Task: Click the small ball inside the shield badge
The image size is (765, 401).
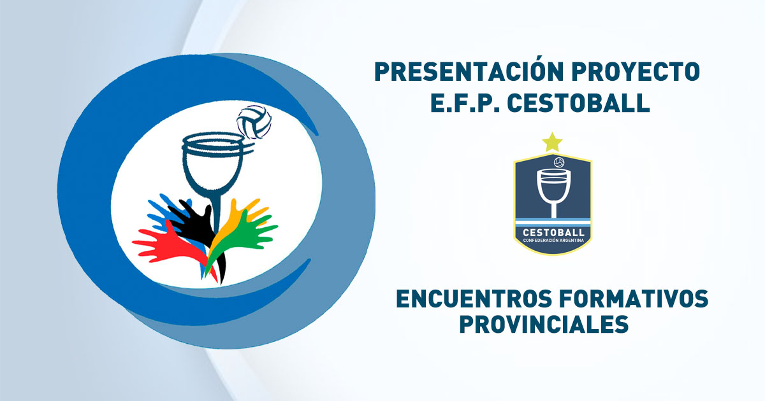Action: pyautogui.click(x=559, y=162)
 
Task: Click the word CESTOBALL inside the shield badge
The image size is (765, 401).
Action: pyautogui.click(x=552, y=231)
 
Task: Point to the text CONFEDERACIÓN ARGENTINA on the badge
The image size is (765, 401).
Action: pyautogui.click(x=552, y=239)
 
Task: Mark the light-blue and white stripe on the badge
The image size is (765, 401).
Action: pyautogui.click(x=552, y=221)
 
